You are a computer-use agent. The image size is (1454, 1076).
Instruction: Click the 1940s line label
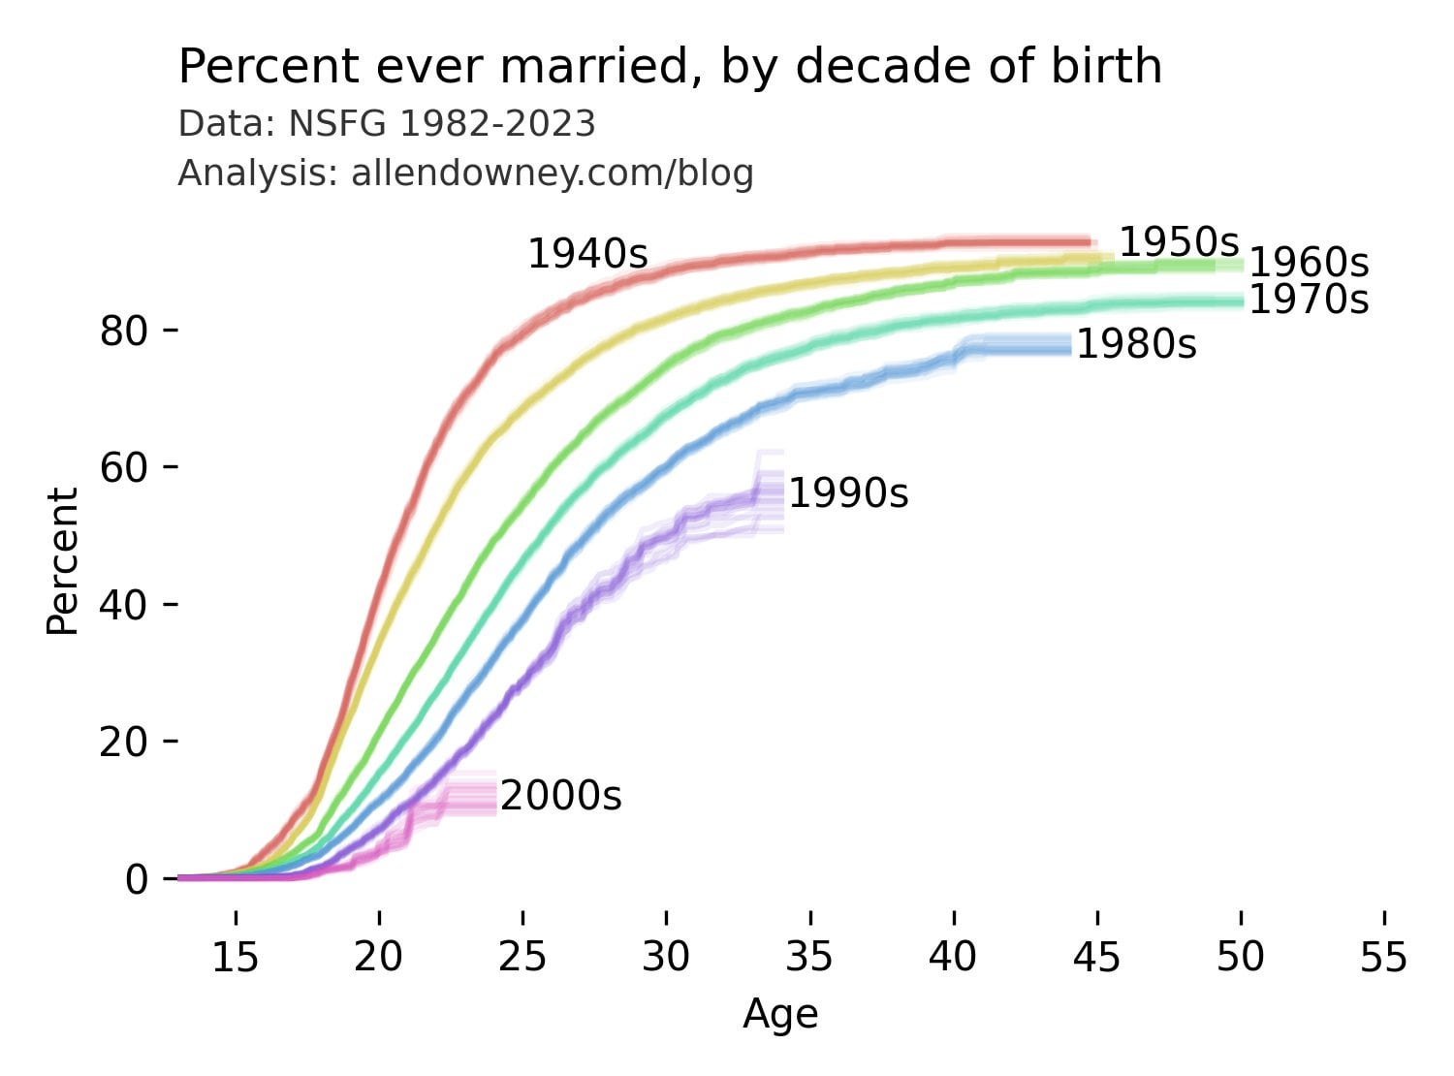point(587,254)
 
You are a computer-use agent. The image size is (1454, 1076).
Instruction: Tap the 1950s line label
point(1179,242)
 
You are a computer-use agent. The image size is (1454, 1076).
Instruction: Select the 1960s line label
point(1309,263)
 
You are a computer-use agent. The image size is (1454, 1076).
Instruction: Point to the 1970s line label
point(1309,301)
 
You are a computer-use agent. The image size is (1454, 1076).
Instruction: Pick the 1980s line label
point(1136,344)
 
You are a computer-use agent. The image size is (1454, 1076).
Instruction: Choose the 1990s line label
point(848,494)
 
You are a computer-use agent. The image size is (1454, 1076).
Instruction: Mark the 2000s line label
point(560,797)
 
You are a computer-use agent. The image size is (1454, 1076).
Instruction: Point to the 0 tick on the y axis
point(135,879)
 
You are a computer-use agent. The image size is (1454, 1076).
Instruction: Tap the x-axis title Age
point(780,1015)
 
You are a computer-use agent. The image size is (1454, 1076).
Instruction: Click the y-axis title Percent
point(63,561)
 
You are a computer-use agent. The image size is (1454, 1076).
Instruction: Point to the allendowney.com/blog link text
point(553,174)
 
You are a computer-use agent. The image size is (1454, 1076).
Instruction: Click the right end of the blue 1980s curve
point(1069,344)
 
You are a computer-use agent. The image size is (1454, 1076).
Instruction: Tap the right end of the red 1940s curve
point(1090,242)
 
